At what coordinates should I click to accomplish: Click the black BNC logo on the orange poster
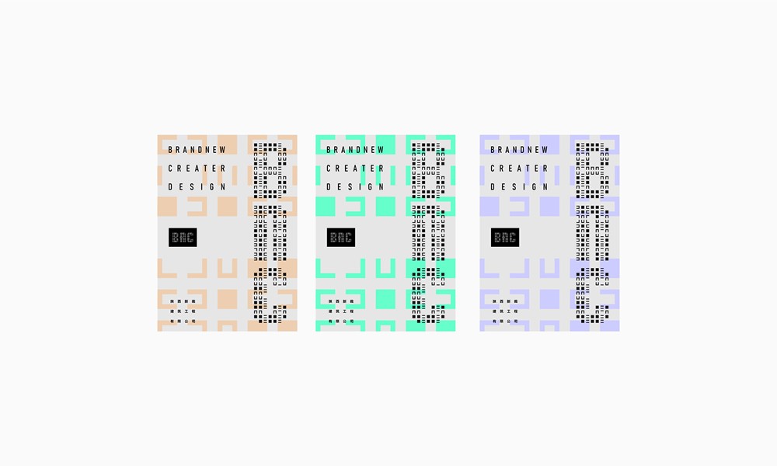183,238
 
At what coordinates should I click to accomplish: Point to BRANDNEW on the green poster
355,150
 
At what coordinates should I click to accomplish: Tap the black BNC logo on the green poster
341,238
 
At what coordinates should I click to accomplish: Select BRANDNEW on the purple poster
519,150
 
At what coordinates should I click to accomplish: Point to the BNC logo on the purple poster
505,238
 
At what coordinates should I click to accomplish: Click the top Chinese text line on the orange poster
183,299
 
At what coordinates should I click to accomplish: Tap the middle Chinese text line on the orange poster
183,310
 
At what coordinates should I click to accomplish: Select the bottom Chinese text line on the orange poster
183,321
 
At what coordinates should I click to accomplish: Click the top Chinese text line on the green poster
341,299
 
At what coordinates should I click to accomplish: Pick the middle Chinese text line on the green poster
341,310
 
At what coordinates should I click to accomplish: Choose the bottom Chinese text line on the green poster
341,321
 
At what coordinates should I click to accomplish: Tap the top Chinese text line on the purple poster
505,299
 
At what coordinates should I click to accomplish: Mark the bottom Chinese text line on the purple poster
505,321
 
